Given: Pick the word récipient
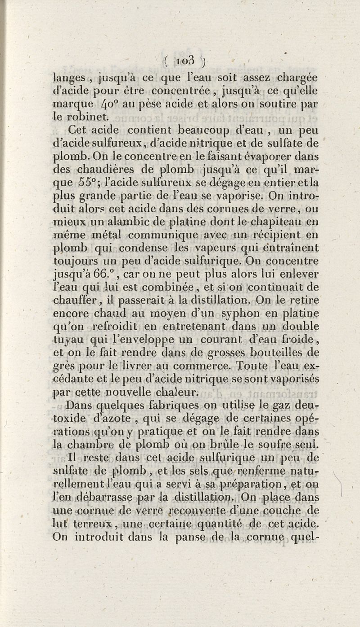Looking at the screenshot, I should coord(276,235).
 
